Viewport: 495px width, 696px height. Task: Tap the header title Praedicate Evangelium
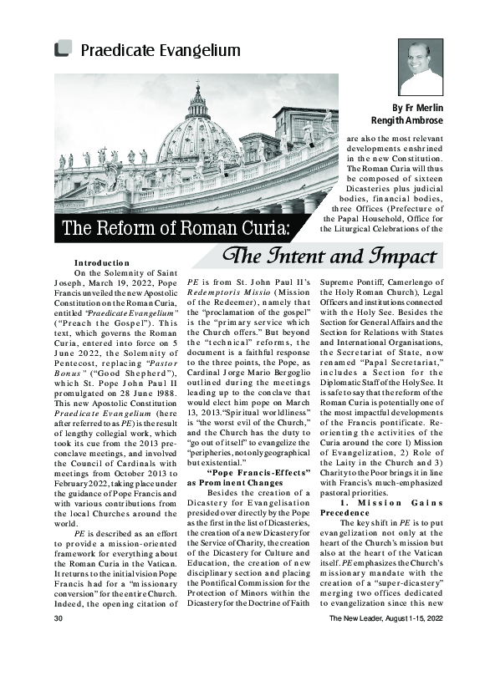[x=160, y=50]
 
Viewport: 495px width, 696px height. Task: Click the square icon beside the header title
[x=61, y=49]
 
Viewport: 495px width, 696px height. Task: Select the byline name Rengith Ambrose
[x=403, y=121]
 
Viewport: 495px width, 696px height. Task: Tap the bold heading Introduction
[x=101, y=263]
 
